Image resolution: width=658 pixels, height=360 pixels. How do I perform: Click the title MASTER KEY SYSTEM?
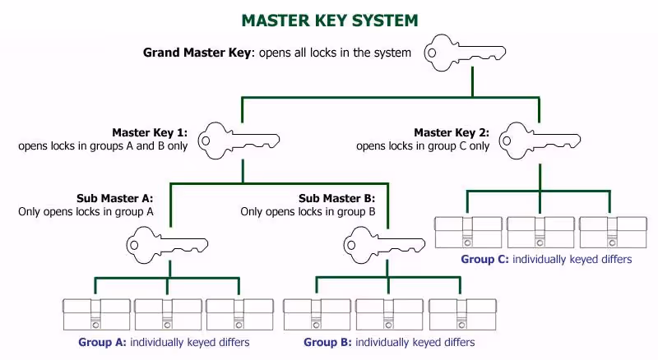tap(330, 21)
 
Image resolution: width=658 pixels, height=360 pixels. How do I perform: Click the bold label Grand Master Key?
tap(197, 53)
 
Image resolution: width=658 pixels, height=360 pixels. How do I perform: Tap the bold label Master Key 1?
tap(150, 132)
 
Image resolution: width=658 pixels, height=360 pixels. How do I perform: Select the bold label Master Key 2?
tap(452, 132)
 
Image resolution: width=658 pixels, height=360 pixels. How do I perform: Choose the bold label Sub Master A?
tap(114, 198)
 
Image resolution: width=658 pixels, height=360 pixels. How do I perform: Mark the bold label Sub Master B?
tap(336, 198)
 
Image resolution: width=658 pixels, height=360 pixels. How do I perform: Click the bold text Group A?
tap(102, 343)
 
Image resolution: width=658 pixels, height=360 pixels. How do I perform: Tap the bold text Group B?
tap(327, 343)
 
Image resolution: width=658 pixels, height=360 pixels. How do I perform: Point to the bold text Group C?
tap(484, 259)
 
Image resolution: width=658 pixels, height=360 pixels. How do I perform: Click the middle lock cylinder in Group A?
tap(168, 314)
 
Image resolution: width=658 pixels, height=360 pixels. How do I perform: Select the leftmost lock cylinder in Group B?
tap(317, 314)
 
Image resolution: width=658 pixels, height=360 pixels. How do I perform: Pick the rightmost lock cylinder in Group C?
tap(613, 233)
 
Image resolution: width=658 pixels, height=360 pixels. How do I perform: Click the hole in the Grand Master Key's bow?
tap(432, 53)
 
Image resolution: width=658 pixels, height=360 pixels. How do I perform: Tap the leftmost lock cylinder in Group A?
tap(96, 314)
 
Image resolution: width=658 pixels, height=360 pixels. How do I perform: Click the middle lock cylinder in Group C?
tap(540, 233)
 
